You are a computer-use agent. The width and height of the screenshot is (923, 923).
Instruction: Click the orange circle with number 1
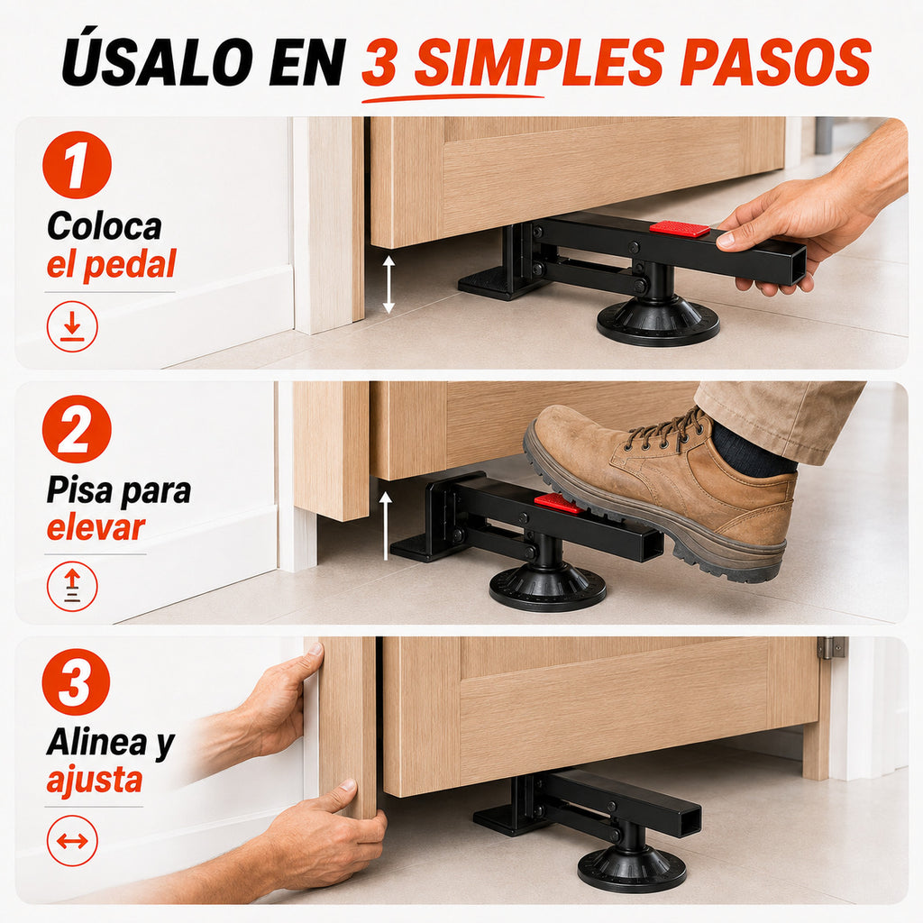coord(78,164)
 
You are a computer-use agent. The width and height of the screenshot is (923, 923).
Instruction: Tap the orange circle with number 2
coord(78,428)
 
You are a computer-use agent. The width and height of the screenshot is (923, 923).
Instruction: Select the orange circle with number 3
coord(77,682)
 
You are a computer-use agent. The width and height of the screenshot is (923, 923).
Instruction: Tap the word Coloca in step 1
coord(105,226)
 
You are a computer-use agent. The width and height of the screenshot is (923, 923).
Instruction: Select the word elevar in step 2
coord(96,526)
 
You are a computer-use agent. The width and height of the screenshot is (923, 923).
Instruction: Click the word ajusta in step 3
coord(95,781)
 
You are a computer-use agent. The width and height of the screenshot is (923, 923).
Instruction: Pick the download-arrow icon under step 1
coord(72,326)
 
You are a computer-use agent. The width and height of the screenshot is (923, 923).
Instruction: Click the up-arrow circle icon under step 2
coord(72,587)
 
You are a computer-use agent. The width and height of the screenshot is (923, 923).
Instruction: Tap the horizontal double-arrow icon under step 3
coord(72,841)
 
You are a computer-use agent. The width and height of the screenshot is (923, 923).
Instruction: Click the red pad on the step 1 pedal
coord(680,228)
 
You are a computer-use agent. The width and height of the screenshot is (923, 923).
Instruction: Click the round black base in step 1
coord(658,320)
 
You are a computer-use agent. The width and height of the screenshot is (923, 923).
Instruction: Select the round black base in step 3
coord(632,868)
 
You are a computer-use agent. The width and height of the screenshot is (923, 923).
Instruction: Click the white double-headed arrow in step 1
coord(388,285)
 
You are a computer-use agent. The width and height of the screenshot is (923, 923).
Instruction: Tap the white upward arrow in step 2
coord(386,525)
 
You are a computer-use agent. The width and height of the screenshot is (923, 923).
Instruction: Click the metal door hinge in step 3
coord(832,647)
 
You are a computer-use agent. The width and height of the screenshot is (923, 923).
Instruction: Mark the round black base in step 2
coord(547,588)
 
